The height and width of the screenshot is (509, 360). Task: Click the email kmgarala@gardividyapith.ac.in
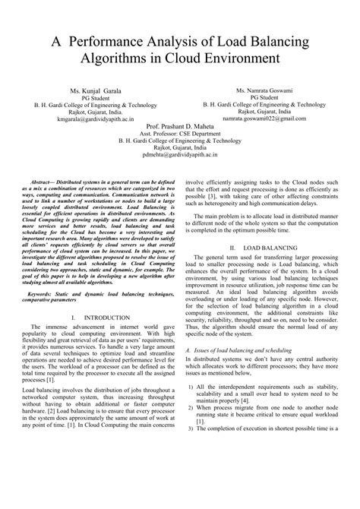93,119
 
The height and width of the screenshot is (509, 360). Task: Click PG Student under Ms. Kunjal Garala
93,97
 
